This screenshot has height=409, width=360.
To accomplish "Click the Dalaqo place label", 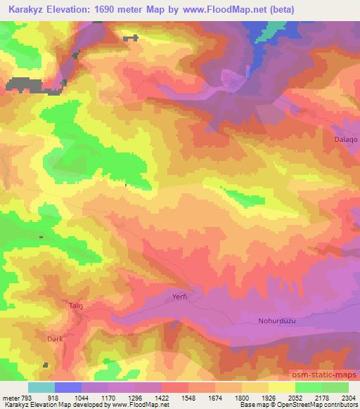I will point(345,139).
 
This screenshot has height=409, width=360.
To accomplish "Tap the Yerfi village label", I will point(181,297).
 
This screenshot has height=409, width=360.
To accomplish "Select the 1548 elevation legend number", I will point(188,398).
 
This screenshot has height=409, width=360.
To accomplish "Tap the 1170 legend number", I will point(108,398).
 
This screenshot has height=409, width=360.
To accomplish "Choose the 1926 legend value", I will point(268,398).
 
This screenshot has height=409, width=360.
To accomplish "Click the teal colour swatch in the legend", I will point(41,387).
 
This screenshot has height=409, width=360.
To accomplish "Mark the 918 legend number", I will point(53,398).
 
